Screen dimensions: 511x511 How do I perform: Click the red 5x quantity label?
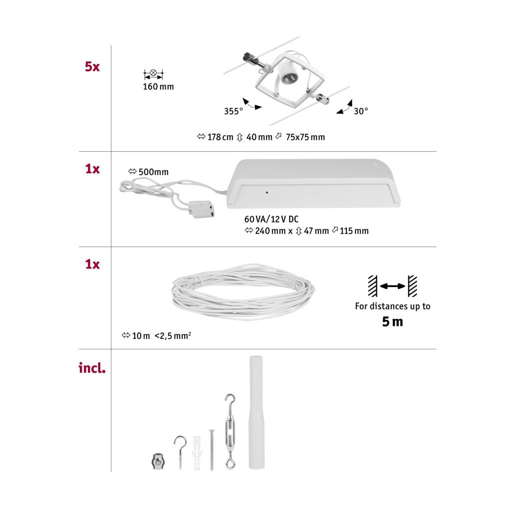coord(92,67)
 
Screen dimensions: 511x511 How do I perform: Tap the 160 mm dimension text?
coord(158,87)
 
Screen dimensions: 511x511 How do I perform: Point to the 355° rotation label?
coord(234,111)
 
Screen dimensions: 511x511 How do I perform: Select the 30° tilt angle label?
coord(361,111)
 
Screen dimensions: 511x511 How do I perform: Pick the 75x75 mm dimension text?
coord(305,137)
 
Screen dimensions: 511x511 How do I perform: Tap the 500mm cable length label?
coord(154,172)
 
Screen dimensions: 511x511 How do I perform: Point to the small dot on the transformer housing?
coord(267,193)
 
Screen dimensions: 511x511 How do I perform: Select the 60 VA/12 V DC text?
coord(271,220)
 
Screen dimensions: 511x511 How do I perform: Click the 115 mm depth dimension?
coord(354,231)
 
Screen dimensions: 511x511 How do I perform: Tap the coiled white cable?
coord(243,291)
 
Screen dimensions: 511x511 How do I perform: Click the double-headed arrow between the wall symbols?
coord(392,286)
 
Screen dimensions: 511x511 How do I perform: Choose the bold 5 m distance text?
coord(392,322)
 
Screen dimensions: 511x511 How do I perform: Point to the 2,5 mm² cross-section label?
coord(173,335)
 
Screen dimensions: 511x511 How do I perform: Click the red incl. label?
coord(92,368)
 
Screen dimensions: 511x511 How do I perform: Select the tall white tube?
coord(256,412)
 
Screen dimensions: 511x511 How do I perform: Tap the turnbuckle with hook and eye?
coord(230,431)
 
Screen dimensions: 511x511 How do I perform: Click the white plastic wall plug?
coord(197,453)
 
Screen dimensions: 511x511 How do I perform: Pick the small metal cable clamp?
coord(158,461)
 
